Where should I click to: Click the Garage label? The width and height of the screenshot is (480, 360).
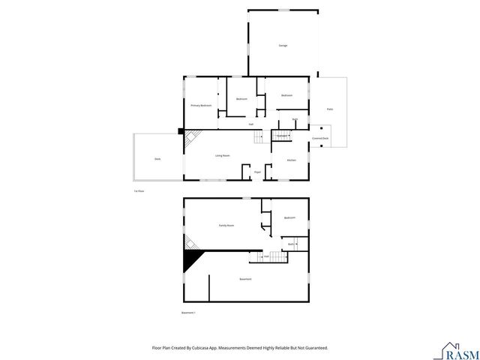pyautogui.click(x=283, y=46)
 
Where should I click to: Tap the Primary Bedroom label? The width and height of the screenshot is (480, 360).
pyautogui.click(x=200, y=106)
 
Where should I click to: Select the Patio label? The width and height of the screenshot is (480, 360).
pyautogui.click(x=329, y=109)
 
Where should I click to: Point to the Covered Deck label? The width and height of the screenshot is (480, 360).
pyautogui.click(x=320, y=138)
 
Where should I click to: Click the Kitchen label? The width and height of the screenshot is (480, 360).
pyautogui.click(x=292, y=160)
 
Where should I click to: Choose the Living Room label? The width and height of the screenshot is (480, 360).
pyautogui.click(x=222, y=155)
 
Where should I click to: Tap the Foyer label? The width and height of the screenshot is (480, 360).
pyautogui.click(x=257, y=172)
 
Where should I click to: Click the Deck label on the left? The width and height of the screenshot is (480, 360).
pyautogui.click(x=157, y=159)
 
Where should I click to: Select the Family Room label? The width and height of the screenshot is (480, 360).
pyautogui.click(x=226, y=225)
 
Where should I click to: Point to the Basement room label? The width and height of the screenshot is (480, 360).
pyautogui.click(x=245, y=279)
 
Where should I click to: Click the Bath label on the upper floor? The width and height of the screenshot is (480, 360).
pyautogui.click(x=295, y=120)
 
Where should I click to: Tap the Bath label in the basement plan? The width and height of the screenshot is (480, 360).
pyautogui.click(x=291, y=244)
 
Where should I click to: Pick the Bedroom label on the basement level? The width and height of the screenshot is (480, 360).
pyautogui.click(x=289, y=217)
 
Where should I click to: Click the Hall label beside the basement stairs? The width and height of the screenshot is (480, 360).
pyautogui.click(x=266, y=256)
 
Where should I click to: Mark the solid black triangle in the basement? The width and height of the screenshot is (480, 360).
pyautogui.click(x=193, y=261)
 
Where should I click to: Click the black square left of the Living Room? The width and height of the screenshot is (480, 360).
pyautogui.click(x=181, y=130)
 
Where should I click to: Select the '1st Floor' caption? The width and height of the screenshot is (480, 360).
pyautogui.click(x=139, y=191)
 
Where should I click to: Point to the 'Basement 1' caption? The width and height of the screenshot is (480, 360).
pyautogui.click(x=189, y=312)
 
